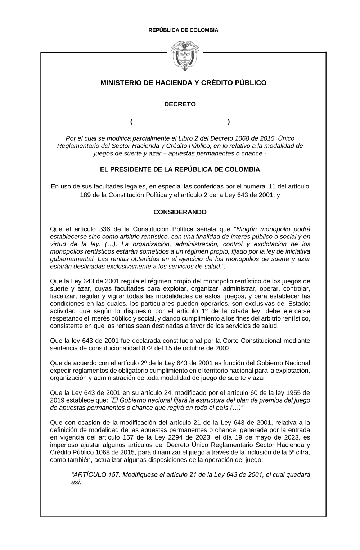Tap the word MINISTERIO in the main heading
121,83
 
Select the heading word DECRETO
180,104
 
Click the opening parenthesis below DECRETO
132,122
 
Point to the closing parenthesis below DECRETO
229,122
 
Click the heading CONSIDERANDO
180,212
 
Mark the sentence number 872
162,348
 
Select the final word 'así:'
77,482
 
